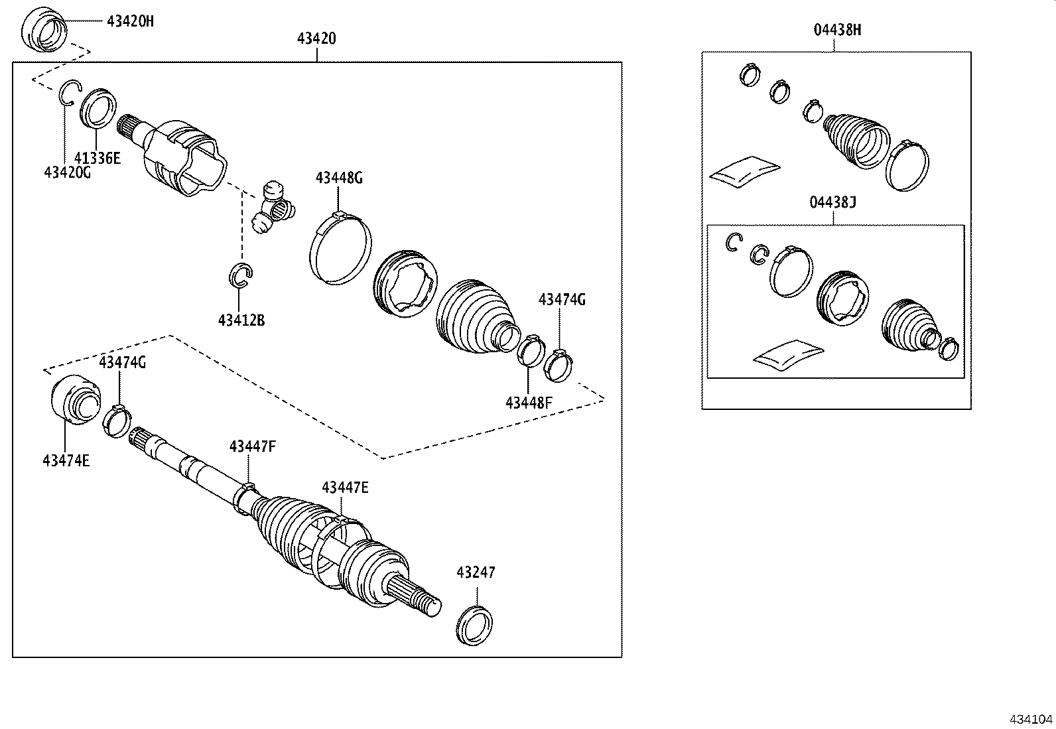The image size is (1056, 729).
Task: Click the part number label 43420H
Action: (130, 21)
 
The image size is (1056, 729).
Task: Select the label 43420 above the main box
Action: (316, 38)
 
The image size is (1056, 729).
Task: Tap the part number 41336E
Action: (97, 158)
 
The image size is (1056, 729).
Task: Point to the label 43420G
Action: (67, 172)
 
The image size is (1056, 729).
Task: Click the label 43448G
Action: (339, 178)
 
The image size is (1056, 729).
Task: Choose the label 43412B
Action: (241, 320)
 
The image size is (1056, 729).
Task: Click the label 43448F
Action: (528, 402)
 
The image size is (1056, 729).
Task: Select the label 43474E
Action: (66, 460)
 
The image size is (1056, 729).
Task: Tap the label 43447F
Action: (252, 446)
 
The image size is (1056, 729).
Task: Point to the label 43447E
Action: (345, 488)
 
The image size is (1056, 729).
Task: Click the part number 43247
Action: (476, 572)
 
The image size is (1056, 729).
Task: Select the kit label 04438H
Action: (837, 30)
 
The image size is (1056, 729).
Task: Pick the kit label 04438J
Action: (832, 202)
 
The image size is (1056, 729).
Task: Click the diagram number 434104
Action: (1031, 719)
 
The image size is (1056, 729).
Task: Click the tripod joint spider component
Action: (273, 209)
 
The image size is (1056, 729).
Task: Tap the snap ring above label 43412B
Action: (241, 275)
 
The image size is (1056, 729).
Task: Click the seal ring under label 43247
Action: (475, 625)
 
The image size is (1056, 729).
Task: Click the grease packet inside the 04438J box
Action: (788, 353)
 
